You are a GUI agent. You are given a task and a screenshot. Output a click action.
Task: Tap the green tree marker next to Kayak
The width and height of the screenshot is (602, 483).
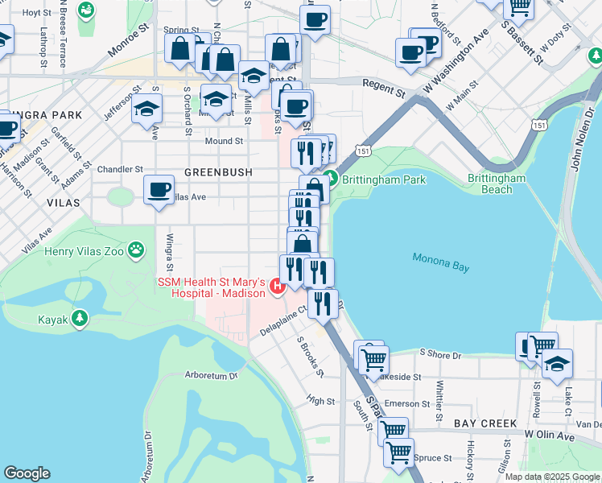coord(79,320)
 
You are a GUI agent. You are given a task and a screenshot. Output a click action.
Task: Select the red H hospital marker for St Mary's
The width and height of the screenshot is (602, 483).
coord(278,286)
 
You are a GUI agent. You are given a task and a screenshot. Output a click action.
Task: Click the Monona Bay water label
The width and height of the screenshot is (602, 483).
coord(440,259)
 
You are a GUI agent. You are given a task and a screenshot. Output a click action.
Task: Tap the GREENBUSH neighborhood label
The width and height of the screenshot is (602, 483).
coord(218,172)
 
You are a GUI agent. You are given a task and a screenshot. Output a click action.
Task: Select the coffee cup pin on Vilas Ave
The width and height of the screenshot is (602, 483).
coord(159,191)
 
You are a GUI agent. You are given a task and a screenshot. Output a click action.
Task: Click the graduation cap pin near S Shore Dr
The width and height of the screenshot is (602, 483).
coord(557,363)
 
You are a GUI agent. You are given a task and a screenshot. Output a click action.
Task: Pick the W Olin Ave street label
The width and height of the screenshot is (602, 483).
coord(551,436)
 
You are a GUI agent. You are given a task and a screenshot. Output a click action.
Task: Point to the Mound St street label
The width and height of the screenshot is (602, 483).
coord(224,141)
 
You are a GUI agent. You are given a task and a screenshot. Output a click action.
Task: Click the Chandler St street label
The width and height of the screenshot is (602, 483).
coord(119,170)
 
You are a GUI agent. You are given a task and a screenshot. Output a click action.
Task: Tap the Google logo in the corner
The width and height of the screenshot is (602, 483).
coord(27,473)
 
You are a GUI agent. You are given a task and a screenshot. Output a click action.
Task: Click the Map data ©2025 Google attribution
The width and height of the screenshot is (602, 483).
coord(552,477)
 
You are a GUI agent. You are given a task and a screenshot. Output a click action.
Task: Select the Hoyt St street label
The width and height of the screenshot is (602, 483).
coord(36,13)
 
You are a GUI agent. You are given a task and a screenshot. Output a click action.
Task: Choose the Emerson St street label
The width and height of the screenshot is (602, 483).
coord(402,404)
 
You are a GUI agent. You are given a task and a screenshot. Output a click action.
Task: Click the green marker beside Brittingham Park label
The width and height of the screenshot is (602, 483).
coord(328,180)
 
